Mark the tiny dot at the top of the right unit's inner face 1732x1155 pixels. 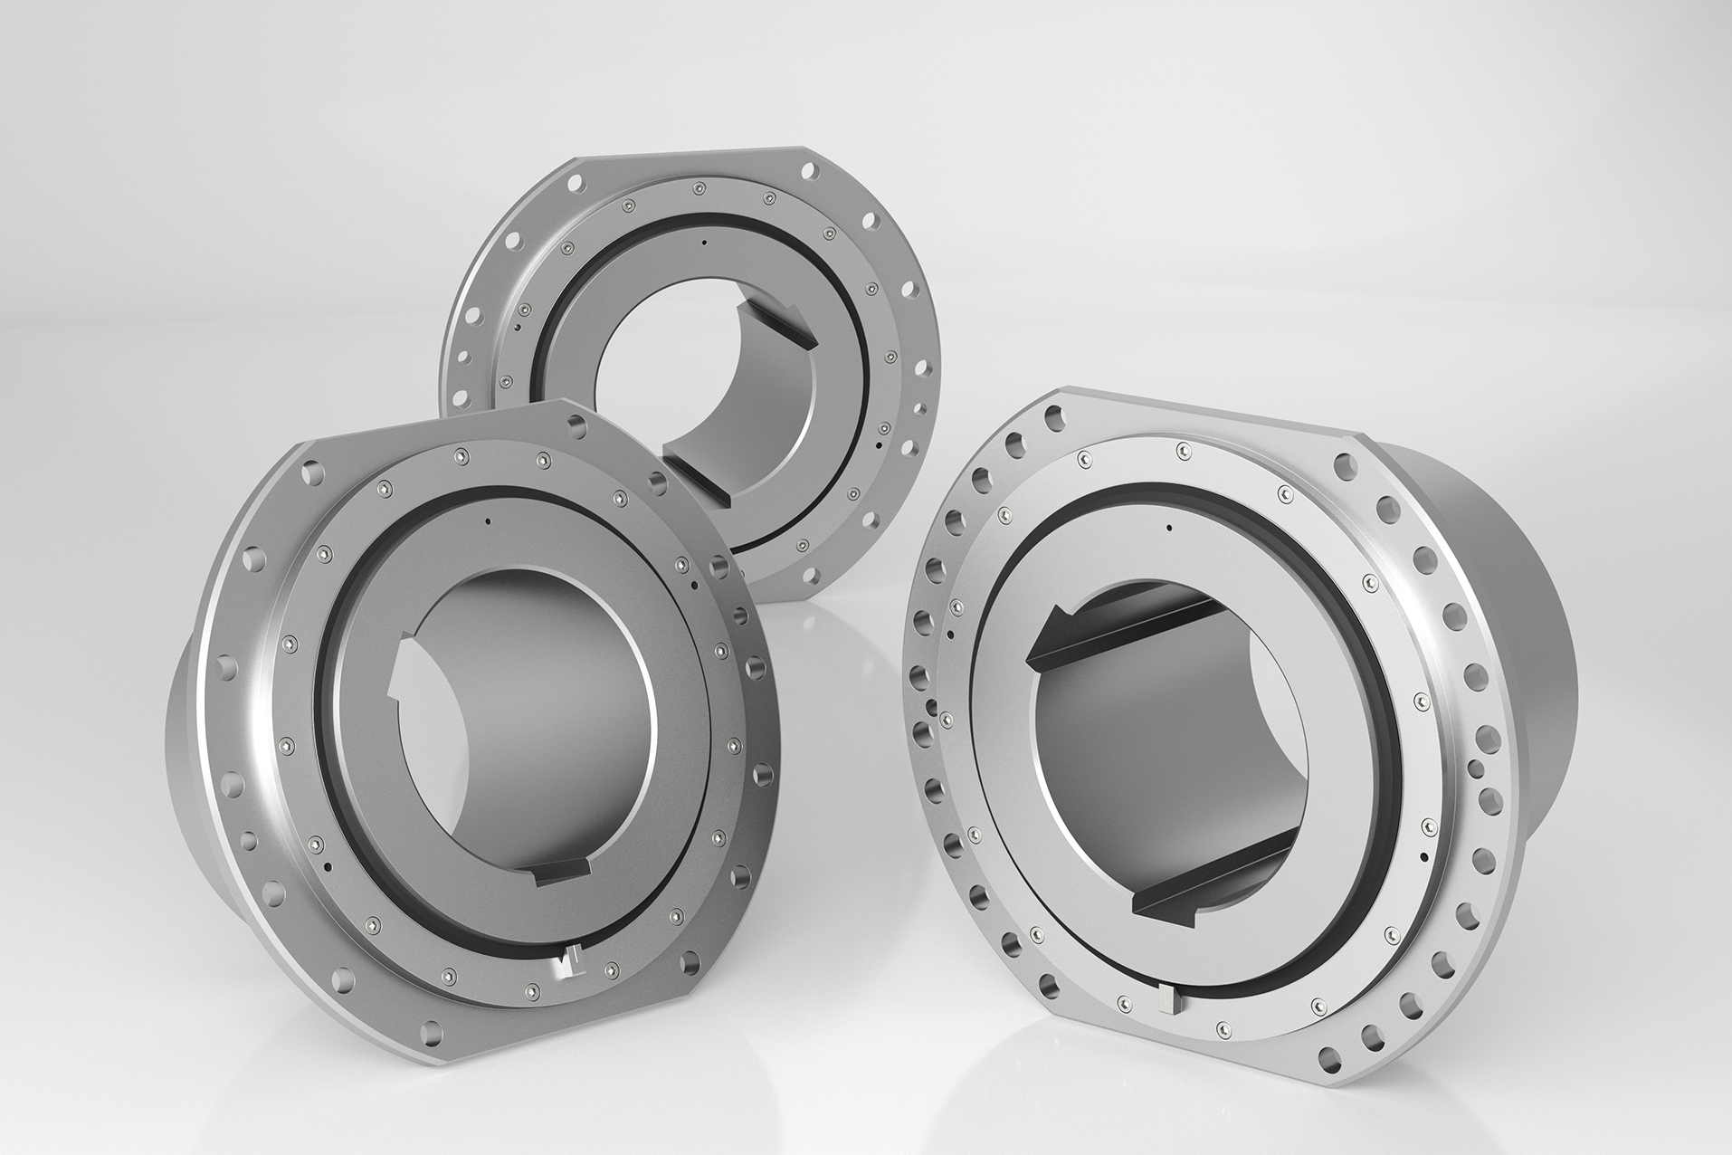point(1169,527)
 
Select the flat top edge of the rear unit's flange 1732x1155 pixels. point(688,154)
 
